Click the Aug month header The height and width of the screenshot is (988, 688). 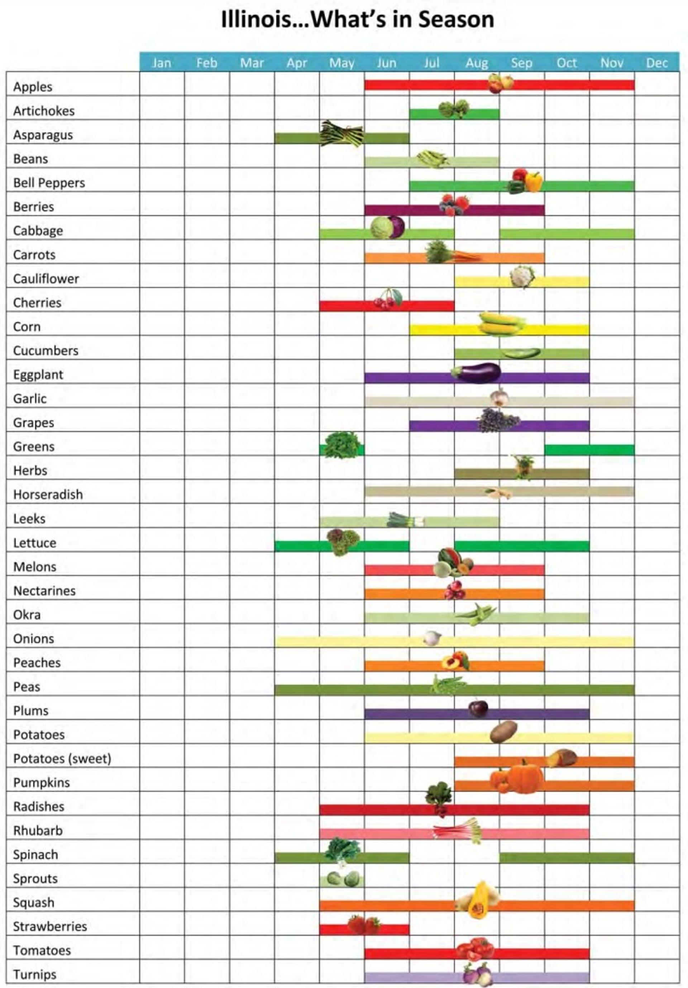tap(477, 63)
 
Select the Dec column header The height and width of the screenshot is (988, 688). tap(656, 63)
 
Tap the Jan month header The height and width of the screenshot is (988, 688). tap(162, 63)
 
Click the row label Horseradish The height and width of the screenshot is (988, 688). tap(48, 495)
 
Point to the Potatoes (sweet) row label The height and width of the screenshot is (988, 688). tap(62, 758)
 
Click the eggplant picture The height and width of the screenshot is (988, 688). tap(476, 373)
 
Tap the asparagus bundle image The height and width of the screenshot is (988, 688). tap(341, 133)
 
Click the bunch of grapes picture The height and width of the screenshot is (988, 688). tap(498, 420)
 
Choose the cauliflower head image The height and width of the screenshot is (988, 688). tap(522, 277)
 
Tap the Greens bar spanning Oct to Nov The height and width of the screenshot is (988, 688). tap(589, 450)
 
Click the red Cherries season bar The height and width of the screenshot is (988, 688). tap(426, 306)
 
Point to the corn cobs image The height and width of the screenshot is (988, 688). tap(501, 323)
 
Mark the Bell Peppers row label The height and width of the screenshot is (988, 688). tap(49, 183)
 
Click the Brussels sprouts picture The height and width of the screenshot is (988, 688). tap(342, 879)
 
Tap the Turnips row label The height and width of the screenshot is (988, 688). tap(35, 974)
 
